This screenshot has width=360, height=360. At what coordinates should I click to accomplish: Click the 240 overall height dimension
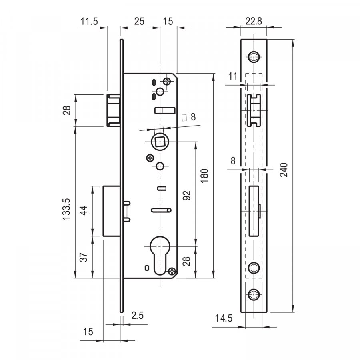(x=284, y=170)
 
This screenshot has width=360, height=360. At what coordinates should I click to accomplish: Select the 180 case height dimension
(x=204, y=176)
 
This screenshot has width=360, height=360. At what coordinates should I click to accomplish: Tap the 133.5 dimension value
(x=66, y=209)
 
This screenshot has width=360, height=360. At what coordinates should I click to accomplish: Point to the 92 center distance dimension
(x=187, y=195)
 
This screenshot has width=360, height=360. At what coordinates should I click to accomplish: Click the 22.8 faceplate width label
(x=254, y=21)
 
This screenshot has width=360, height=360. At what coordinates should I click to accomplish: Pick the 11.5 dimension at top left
(x=89, y=21)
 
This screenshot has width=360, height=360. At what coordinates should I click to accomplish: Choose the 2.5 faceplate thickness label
(x=137, y=316)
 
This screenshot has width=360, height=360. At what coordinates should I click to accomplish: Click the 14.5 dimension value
(x=224, y=318)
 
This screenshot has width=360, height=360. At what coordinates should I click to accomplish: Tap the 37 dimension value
(x=84, y=257)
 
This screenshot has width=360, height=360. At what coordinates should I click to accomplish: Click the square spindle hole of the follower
(x=160, y=141)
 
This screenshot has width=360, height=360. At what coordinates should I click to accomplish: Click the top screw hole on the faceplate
(x=254, y=56)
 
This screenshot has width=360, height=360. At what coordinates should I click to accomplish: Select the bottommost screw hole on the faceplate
(x=254, y=294)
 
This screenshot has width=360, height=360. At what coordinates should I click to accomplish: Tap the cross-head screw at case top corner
(x=167, y=81)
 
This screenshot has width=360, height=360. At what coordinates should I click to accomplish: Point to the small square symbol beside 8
(x=184, y=118)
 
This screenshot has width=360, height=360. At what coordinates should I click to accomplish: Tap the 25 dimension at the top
(x=139, y=21)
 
